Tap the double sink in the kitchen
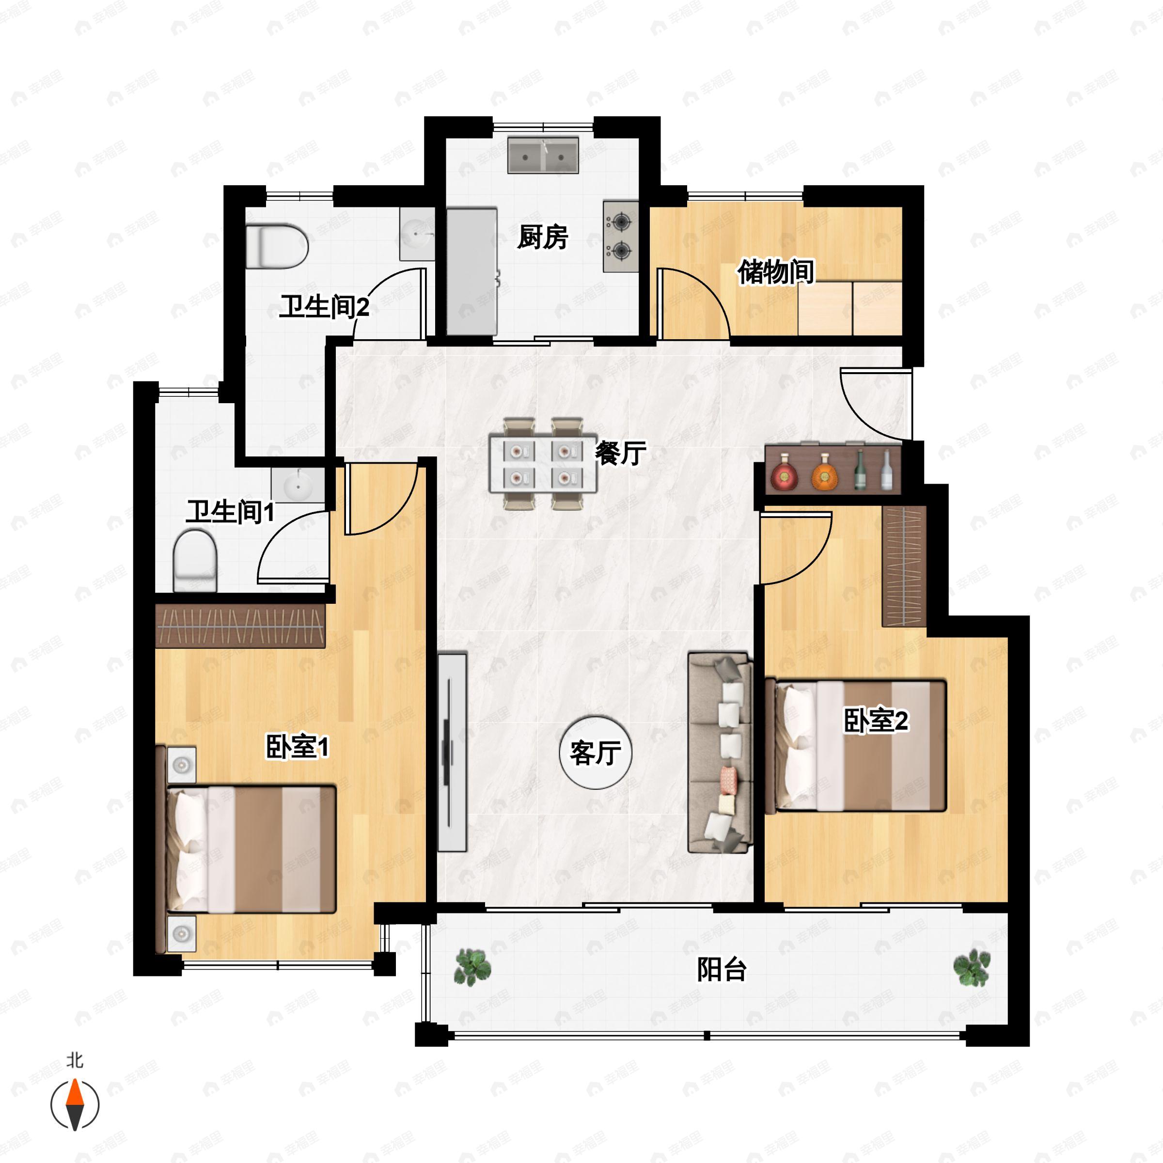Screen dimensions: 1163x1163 pyautogui.click(x=543, y=156)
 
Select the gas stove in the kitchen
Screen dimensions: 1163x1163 pyautogui.click(x=621, y=236)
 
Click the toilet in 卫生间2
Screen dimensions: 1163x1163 pyautogui.click(x=276, y=246)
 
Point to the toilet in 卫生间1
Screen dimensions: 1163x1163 pyautogui.click(x=195, y=560)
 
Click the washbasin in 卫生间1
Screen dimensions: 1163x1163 pyautogui.click(x=298, y=484)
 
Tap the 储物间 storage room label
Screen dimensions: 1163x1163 pyautogui.click(x=775, y=272)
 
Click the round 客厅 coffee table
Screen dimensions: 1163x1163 pyautogui.click(x=596, y=752)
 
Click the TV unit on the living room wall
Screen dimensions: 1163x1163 pyautogui.click(x=452, y=752)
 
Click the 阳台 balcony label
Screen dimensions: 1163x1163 pyautogui.click(x=721, y=969)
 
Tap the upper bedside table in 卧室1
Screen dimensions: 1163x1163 pyautogui.click(x=181, y=765)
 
